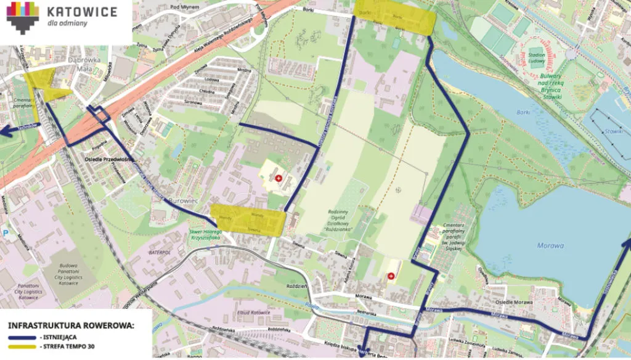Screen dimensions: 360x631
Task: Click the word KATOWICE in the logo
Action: pos(82,10)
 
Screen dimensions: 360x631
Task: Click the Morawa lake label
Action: pos(550,245)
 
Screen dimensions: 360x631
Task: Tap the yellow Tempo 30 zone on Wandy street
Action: pos(248,219)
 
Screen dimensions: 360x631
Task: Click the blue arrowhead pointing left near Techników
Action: pos(5,131)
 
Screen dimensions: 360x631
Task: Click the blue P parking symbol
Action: pos(6,233)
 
